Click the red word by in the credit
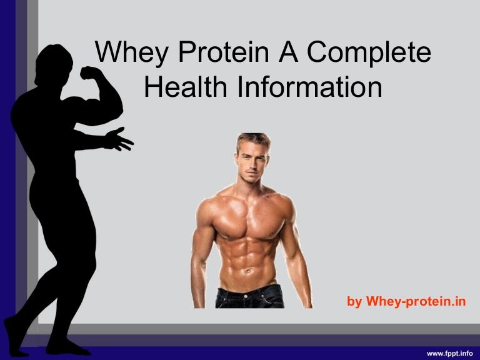[354, 302]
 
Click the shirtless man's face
[252, 157]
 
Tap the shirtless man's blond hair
[252, 139]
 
